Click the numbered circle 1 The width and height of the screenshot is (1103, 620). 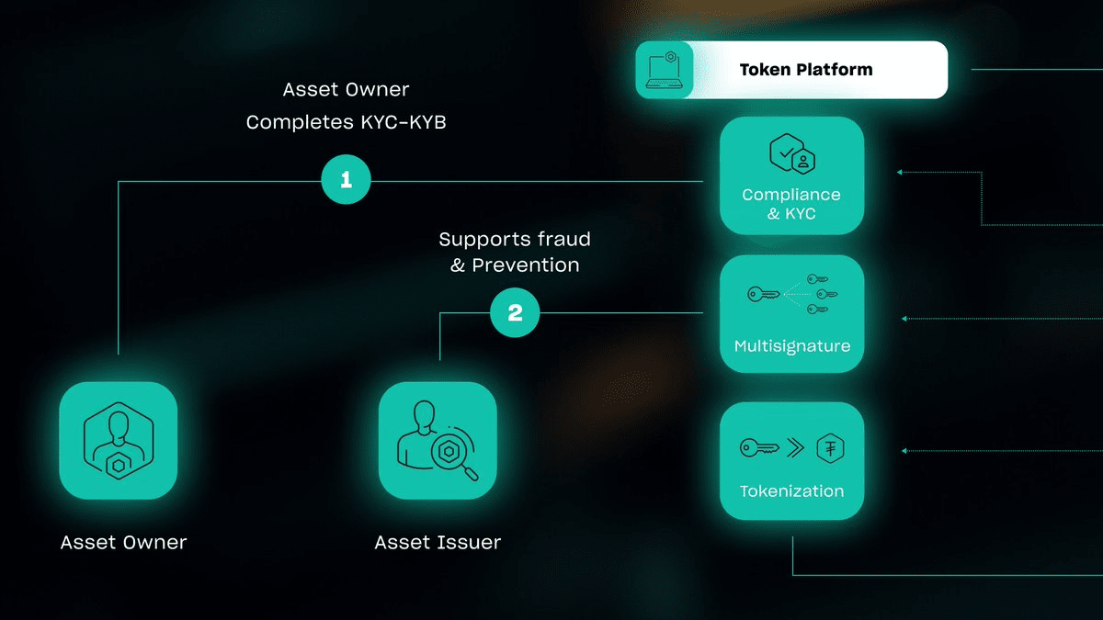346,181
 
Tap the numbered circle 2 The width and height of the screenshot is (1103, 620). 515,313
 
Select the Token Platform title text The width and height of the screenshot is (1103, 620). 806,70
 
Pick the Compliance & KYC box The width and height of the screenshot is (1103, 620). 791,175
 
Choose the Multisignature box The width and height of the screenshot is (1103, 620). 791,314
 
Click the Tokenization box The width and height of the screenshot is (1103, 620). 791,461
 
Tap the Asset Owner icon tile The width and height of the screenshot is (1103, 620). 119,441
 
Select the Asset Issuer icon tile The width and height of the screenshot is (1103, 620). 438,441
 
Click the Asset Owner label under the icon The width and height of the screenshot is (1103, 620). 123,542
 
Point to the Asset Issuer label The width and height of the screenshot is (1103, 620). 438,542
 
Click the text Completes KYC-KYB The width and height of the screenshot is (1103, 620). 346,121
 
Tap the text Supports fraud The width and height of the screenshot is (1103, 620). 514,240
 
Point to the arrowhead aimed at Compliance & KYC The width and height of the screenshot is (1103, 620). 901,172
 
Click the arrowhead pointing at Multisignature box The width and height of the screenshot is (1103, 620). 904,319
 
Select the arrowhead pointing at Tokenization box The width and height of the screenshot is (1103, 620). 904,451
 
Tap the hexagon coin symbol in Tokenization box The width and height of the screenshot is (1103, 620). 831,448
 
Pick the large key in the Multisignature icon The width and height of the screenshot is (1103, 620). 764,295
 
